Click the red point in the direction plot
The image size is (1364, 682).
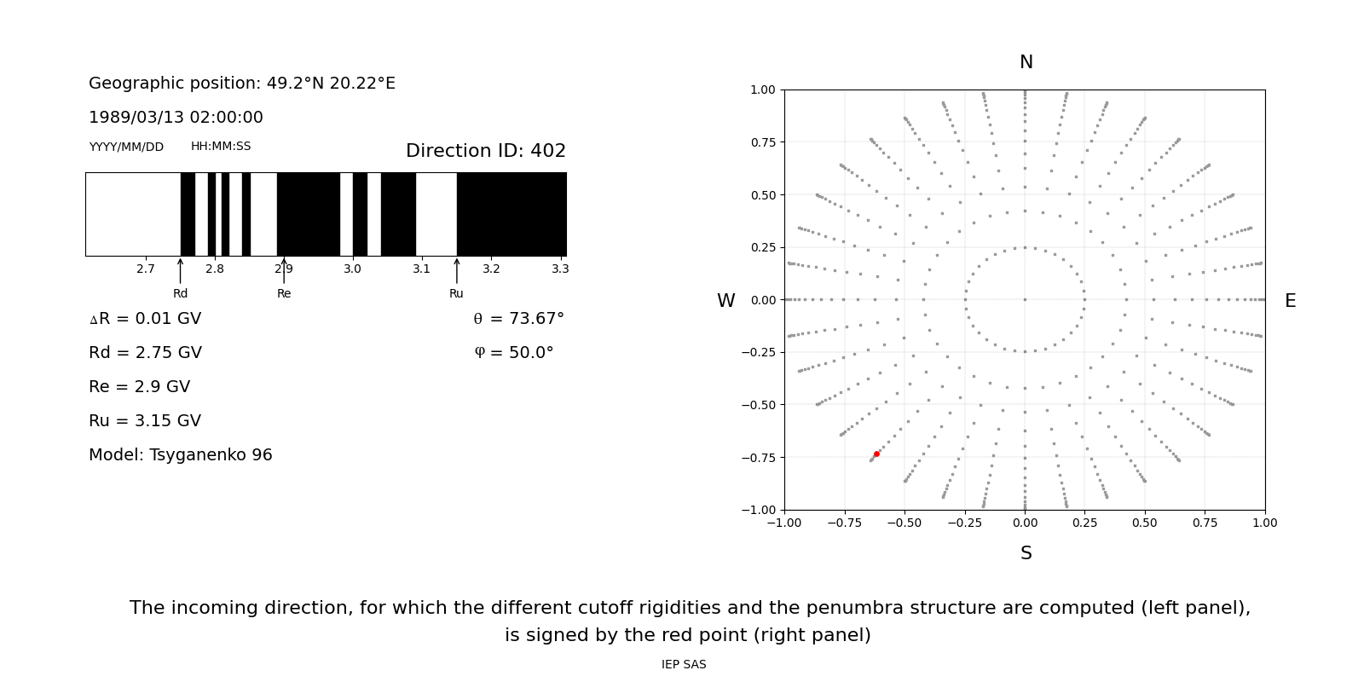(876, 454)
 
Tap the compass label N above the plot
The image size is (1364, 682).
(1026, 62)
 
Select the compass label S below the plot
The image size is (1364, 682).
(1026, 553)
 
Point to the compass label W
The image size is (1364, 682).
(725, 301)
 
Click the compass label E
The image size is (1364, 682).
(1290, 301)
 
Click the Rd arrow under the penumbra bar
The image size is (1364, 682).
(180, 271)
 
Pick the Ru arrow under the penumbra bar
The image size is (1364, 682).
(456, 271)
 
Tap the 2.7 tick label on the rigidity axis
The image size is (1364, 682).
(146, 269)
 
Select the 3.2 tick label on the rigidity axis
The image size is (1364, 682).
(491, 269)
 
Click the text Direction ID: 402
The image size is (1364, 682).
(486, 151)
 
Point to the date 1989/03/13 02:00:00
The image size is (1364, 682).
(176, 118)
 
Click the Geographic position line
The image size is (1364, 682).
(242, 84)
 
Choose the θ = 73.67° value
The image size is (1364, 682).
(518, 319)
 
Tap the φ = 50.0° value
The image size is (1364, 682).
(513, 353)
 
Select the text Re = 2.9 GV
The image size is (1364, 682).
(139, 387)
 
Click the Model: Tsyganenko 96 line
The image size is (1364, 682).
(181, 455)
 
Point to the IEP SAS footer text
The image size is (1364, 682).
(684, 665)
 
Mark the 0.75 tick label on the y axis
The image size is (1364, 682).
(762, 142)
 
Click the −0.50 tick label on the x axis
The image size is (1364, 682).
(905, 523)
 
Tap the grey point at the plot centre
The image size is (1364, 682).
(1025, 299)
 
